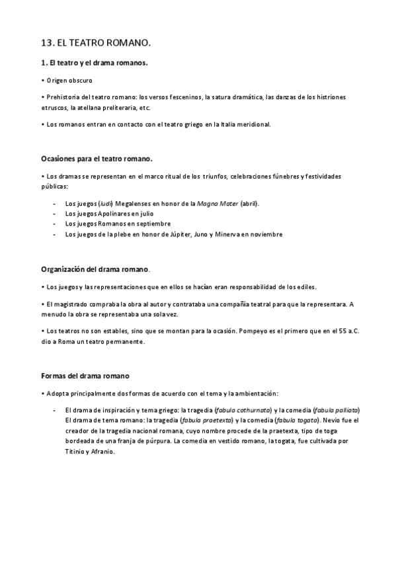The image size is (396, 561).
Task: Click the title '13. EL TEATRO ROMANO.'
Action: [x=95, y=44]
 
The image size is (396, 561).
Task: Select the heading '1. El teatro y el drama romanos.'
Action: [x=95, y=63]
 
